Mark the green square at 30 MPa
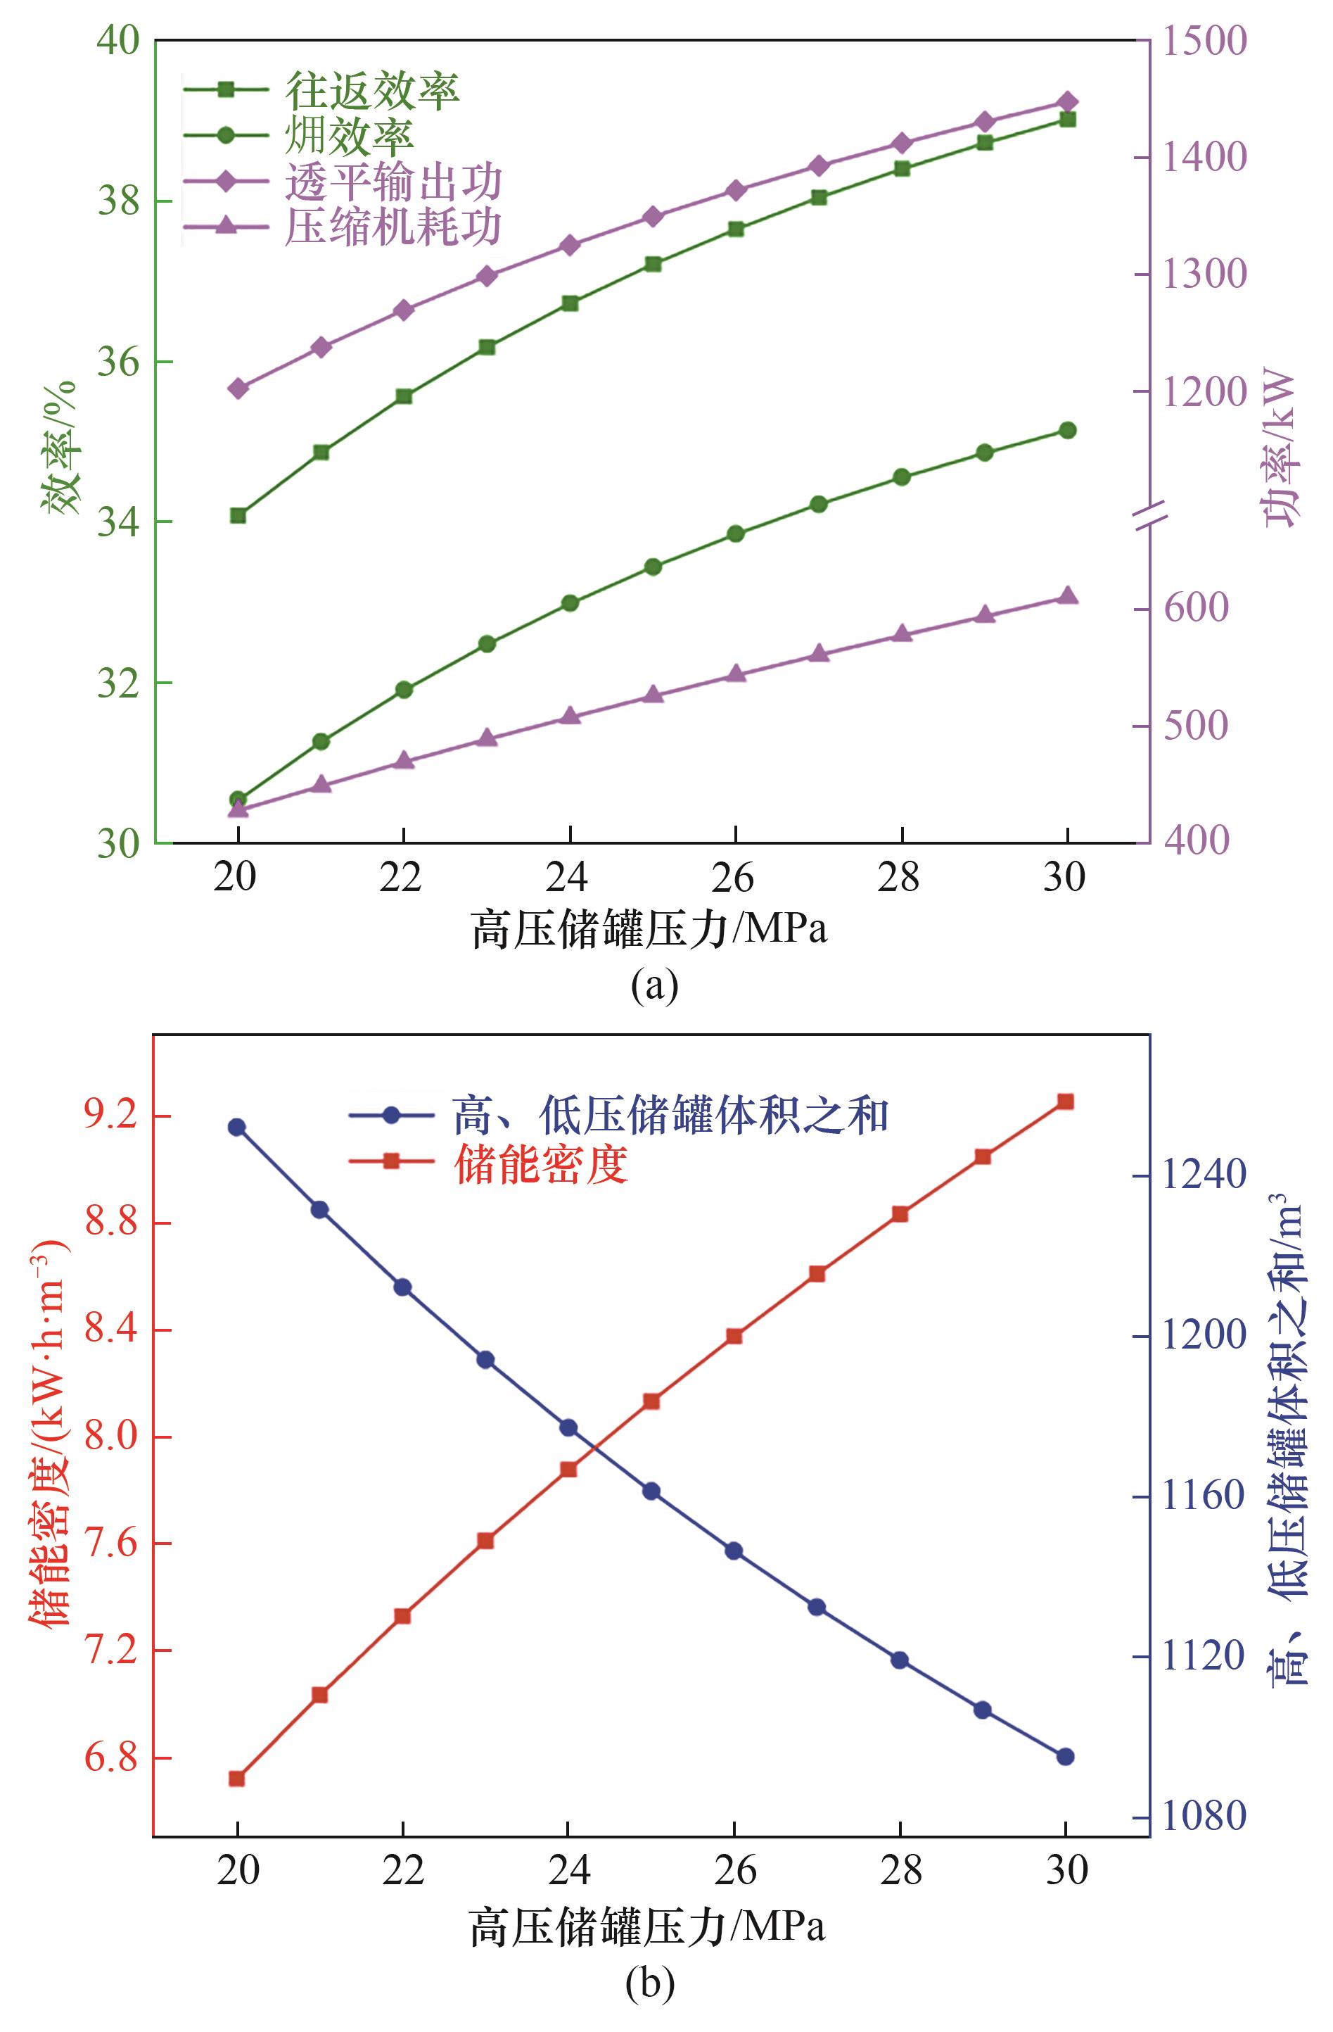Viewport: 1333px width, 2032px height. coord(1066,120)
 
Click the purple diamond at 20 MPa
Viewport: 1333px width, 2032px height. coord(238,389)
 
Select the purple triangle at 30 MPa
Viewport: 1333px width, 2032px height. coord(1066,596)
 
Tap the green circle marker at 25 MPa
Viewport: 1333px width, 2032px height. coord(653,567)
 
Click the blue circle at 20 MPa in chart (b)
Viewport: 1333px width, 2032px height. coord(236,1127)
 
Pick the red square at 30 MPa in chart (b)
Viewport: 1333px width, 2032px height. coord(1065,1102)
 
